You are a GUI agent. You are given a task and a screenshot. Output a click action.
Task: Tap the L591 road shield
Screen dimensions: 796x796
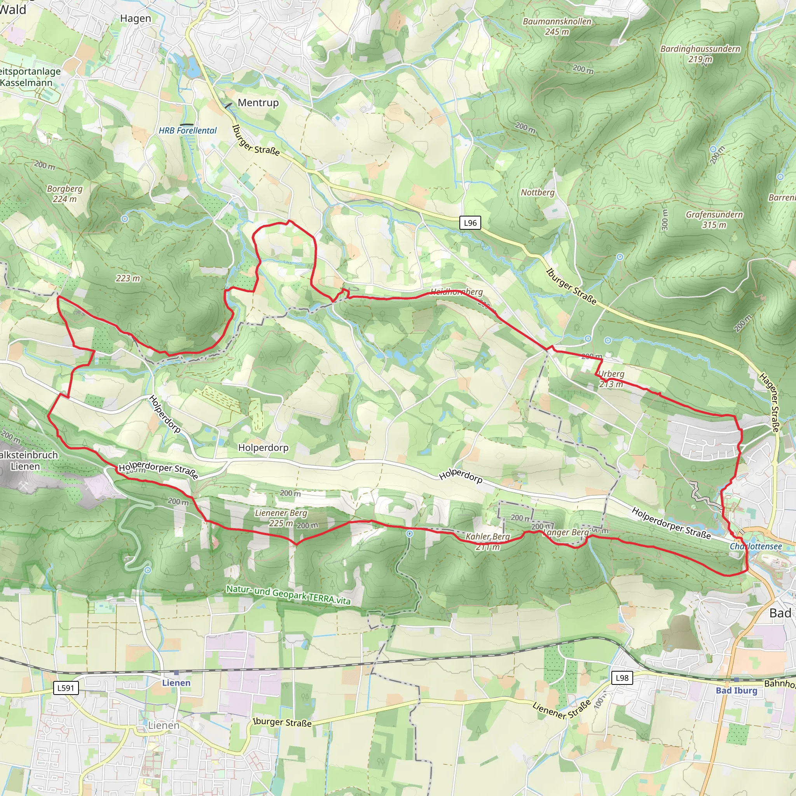(x=66, y=688)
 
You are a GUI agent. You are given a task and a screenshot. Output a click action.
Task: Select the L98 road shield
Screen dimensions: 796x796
(x=622, y=678)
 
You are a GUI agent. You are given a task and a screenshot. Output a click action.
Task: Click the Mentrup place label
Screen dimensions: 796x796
(x=258, y=103)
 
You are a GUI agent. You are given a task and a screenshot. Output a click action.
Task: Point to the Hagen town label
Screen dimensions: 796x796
(x=136, y=19)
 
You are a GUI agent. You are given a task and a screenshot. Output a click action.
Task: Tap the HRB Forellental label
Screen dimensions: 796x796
(x=187, y=131)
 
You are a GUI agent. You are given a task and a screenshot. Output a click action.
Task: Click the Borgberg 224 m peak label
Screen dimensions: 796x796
(x=65, y=194)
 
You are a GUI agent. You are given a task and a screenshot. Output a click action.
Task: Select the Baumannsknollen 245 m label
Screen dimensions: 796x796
(x=557, y=26)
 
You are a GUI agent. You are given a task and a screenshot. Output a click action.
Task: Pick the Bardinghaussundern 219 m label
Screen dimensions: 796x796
(x=700, y=54)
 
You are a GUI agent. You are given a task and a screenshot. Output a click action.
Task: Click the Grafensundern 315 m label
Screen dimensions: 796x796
(x=714, y=220)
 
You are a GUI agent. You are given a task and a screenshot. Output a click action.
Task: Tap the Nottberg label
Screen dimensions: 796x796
(x=537, y=192)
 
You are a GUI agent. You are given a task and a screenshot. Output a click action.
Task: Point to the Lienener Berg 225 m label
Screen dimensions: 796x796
(x=281, y=518)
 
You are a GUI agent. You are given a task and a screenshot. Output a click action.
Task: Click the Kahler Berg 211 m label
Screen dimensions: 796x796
(x=487, y=541)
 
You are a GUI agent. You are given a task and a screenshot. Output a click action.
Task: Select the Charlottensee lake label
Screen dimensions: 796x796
(x=756, y=546)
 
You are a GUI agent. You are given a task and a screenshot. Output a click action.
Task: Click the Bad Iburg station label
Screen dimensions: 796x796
(x=736, y=691)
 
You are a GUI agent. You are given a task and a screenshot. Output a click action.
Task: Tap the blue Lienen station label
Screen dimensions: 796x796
(x=176, y=683)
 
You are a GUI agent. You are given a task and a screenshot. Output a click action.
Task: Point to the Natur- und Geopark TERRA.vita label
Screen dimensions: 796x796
(x=288, y=595)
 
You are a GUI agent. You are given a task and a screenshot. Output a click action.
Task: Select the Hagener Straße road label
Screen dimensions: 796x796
(x=770, y=403)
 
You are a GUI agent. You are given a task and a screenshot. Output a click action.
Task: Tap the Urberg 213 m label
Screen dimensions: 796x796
(x=611, y=379)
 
